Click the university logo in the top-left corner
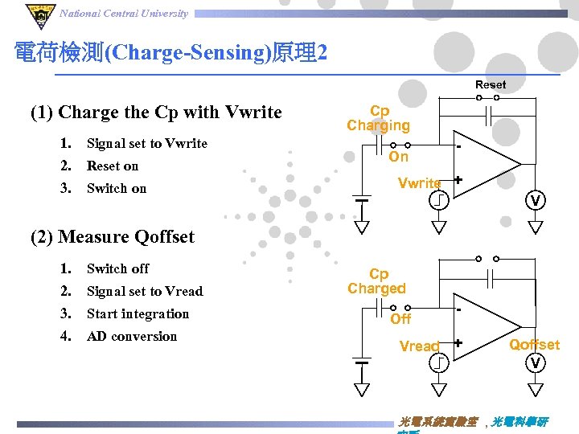tap(38, 14)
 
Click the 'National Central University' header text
tap(124, 13)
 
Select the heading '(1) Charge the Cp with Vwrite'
tap(156, 112)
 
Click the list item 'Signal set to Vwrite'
tap(146, 143)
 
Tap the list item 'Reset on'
tap(113, 166)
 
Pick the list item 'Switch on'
tap(117, 188)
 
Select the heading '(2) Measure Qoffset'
tap(113, 236)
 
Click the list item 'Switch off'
tap(117, 268)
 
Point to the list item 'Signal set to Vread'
tap(145, 291)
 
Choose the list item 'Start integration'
tap(138, 313)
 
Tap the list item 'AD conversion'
tap(132, 336)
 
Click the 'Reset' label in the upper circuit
tap(491, 84)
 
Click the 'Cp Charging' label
tap(379, 118)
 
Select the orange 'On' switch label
tap(399, 157)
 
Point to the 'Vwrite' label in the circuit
tap(419, 183)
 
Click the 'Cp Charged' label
tap(377, 281)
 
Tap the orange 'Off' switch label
tap(400, 319)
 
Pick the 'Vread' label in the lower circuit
tap(419, 346)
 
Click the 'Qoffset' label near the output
tap(534, 345)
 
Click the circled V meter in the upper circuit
tap(535, 199)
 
